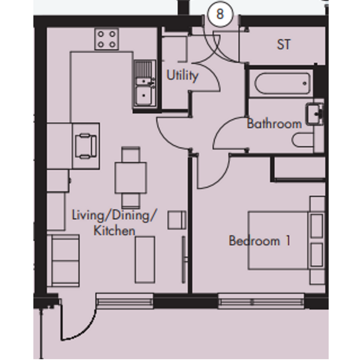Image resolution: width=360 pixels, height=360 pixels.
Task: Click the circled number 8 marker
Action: pos(220,14)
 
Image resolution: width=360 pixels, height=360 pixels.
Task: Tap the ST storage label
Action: pos(283,45)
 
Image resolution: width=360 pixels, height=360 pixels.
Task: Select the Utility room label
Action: pos(182,75)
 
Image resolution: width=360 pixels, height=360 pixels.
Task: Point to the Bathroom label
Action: pos(274,124)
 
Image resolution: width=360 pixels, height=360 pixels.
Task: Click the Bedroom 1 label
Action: pos(260,241)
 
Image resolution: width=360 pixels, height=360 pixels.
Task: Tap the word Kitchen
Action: pos(114,231)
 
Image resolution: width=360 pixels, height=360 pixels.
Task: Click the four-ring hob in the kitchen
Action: pos(107,39)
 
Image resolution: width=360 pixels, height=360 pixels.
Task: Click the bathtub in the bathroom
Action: pos(282,83)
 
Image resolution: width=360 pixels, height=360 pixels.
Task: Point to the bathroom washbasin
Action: pos(315,114)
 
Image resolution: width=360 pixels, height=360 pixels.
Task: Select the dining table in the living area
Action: pos(131,178)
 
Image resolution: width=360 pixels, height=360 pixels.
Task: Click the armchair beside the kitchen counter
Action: pos(86,146)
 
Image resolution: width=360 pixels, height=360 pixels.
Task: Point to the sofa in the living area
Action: pos(63,260)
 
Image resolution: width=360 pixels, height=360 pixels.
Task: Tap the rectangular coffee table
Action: pos(145,260)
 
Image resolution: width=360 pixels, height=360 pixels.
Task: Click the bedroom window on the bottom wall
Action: pos(261,301)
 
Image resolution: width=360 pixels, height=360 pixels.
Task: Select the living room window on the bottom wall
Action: pos(124,301)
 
